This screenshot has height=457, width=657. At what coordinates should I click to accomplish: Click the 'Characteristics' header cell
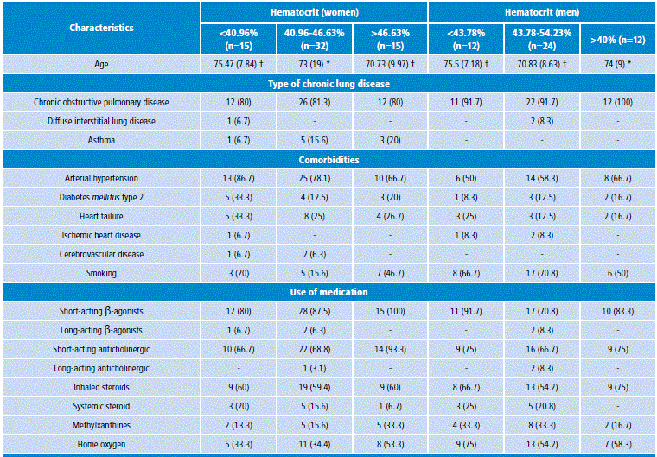[x=101, y=28]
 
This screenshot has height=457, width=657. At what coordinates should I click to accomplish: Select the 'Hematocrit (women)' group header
[x=314, y=12]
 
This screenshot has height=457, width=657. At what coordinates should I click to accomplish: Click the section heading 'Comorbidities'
[x=328, y=160]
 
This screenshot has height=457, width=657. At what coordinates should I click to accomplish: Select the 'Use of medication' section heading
[x=328, y=293]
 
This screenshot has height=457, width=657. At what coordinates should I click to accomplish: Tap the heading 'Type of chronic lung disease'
[x=328, y=84]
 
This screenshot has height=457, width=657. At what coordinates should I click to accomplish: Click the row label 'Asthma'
[x=101, y=140]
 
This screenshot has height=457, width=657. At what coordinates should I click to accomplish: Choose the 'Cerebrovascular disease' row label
[x=101, y=254]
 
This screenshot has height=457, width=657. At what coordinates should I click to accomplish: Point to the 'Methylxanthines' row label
[x=101, y=425]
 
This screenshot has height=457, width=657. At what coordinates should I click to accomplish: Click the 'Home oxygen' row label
[x=101, y=444]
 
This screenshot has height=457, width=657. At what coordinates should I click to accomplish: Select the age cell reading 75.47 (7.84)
[x=238, y=64]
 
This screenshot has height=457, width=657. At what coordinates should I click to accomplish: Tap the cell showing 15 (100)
[x=390, y=311]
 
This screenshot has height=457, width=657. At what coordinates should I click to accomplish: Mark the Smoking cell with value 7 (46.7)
[x=390, y=273]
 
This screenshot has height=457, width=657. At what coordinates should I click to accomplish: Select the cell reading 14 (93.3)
[x=390, y=349]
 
